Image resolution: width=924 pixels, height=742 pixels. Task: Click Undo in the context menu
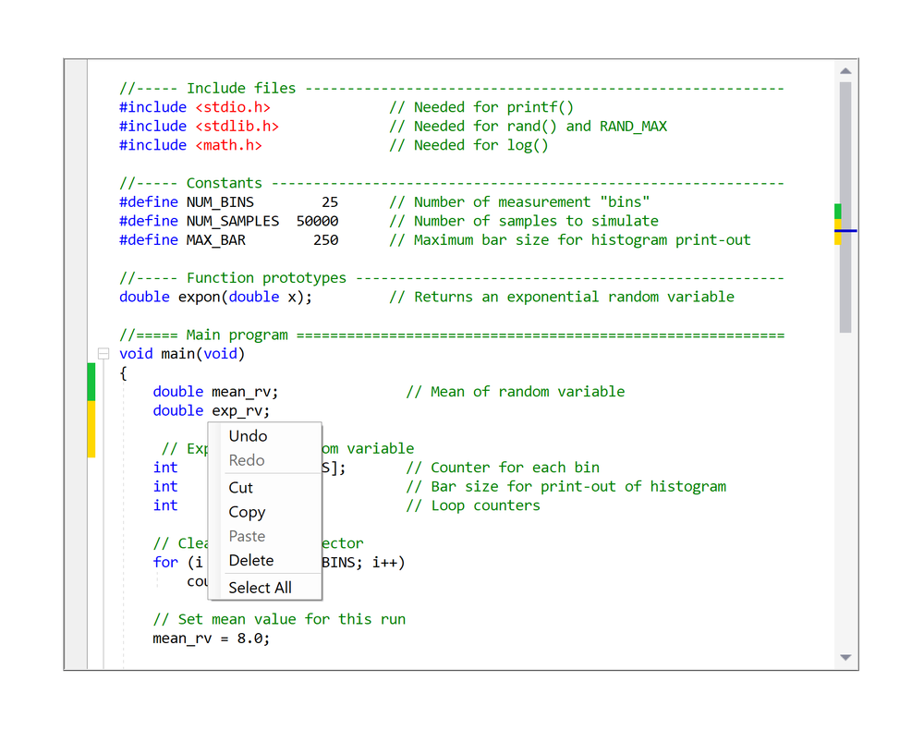[248, 436]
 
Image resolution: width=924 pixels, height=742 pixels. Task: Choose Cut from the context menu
[240, 488]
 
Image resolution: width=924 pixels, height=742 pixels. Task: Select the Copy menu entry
[247, 512]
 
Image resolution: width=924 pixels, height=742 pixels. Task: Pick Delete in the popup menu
[250, 560]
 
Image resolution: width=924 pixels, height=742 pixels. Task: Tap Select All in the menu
[260, 588]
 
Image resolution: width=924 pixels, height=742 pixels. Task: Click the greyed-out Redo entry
[247, 460]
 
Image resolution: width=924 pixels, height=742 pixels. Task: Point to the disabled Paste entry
[247, 536]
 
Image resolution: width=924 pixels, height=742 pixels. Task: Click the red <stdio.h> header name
[233, 107]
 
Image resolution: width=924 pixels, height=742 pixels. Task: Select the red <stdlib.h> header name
[237, 126]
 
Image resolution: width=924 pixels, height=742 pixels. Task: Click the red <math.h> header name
[228, 145]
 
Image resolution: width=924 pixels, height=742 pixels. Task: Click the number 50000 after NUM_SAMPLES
[317, 221]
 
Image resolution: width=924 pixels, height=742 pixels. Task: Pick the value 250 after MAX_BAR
[325, 240]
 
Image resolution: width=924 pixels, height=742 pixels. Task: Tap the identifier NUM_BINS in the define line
[220, 202]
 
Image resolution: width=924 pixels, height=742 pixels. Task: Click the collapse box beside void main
[103, 354]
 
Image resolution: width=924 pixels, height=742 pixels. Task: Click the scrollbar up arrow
[845, 71]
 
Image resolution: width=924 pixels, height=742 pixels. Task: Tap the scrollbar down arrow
[845, 658]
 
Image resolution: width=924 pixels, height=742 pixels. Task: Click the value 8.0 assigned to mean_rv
[253, 639]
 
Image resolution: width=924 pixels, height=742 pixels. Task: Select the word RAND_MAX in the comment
[633, 126]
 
